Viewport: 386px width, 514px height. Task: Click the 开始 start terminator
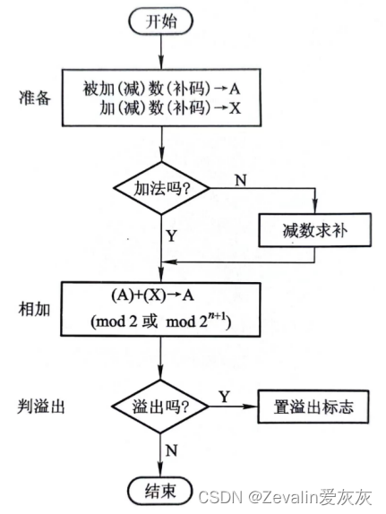point(160,21)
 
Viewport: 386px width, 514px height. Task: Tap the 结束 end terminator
point(159,491)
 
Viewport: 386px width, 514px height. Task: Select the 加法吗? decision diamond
point(161,188)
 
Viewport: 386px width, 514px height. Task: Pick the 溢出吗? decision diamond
point(160,407)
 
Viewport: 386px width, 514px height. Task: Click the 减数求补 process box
point(315,230)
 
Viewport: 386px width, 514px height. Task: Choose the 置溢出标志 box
point(313,407)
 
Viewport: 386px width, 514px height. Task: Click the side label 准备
point(35,98)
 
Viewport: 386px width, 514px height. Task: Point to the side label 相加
point(34,309)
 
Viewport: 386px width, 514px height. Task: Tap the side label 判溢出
point(41,407)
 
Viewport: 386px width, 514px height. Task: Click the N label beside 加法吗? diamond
point(241,180)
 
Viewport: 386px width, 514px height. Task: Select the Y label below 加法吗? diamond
point(172,236)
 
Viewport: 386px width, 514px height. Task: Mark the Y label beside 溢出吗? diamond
point(225,397)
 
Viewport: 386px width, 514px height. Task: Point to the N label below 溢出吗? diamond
point(172,450)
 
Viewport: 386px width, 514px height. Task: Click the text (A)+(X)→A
point(153,296)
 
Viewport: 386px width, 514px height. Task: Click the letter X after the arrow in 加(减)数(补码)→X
point(235,107)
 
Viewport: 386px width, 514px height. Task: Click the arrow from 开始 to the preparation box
point(161,51)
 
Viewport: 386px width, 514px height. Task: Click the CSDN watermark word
point(219,497)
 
